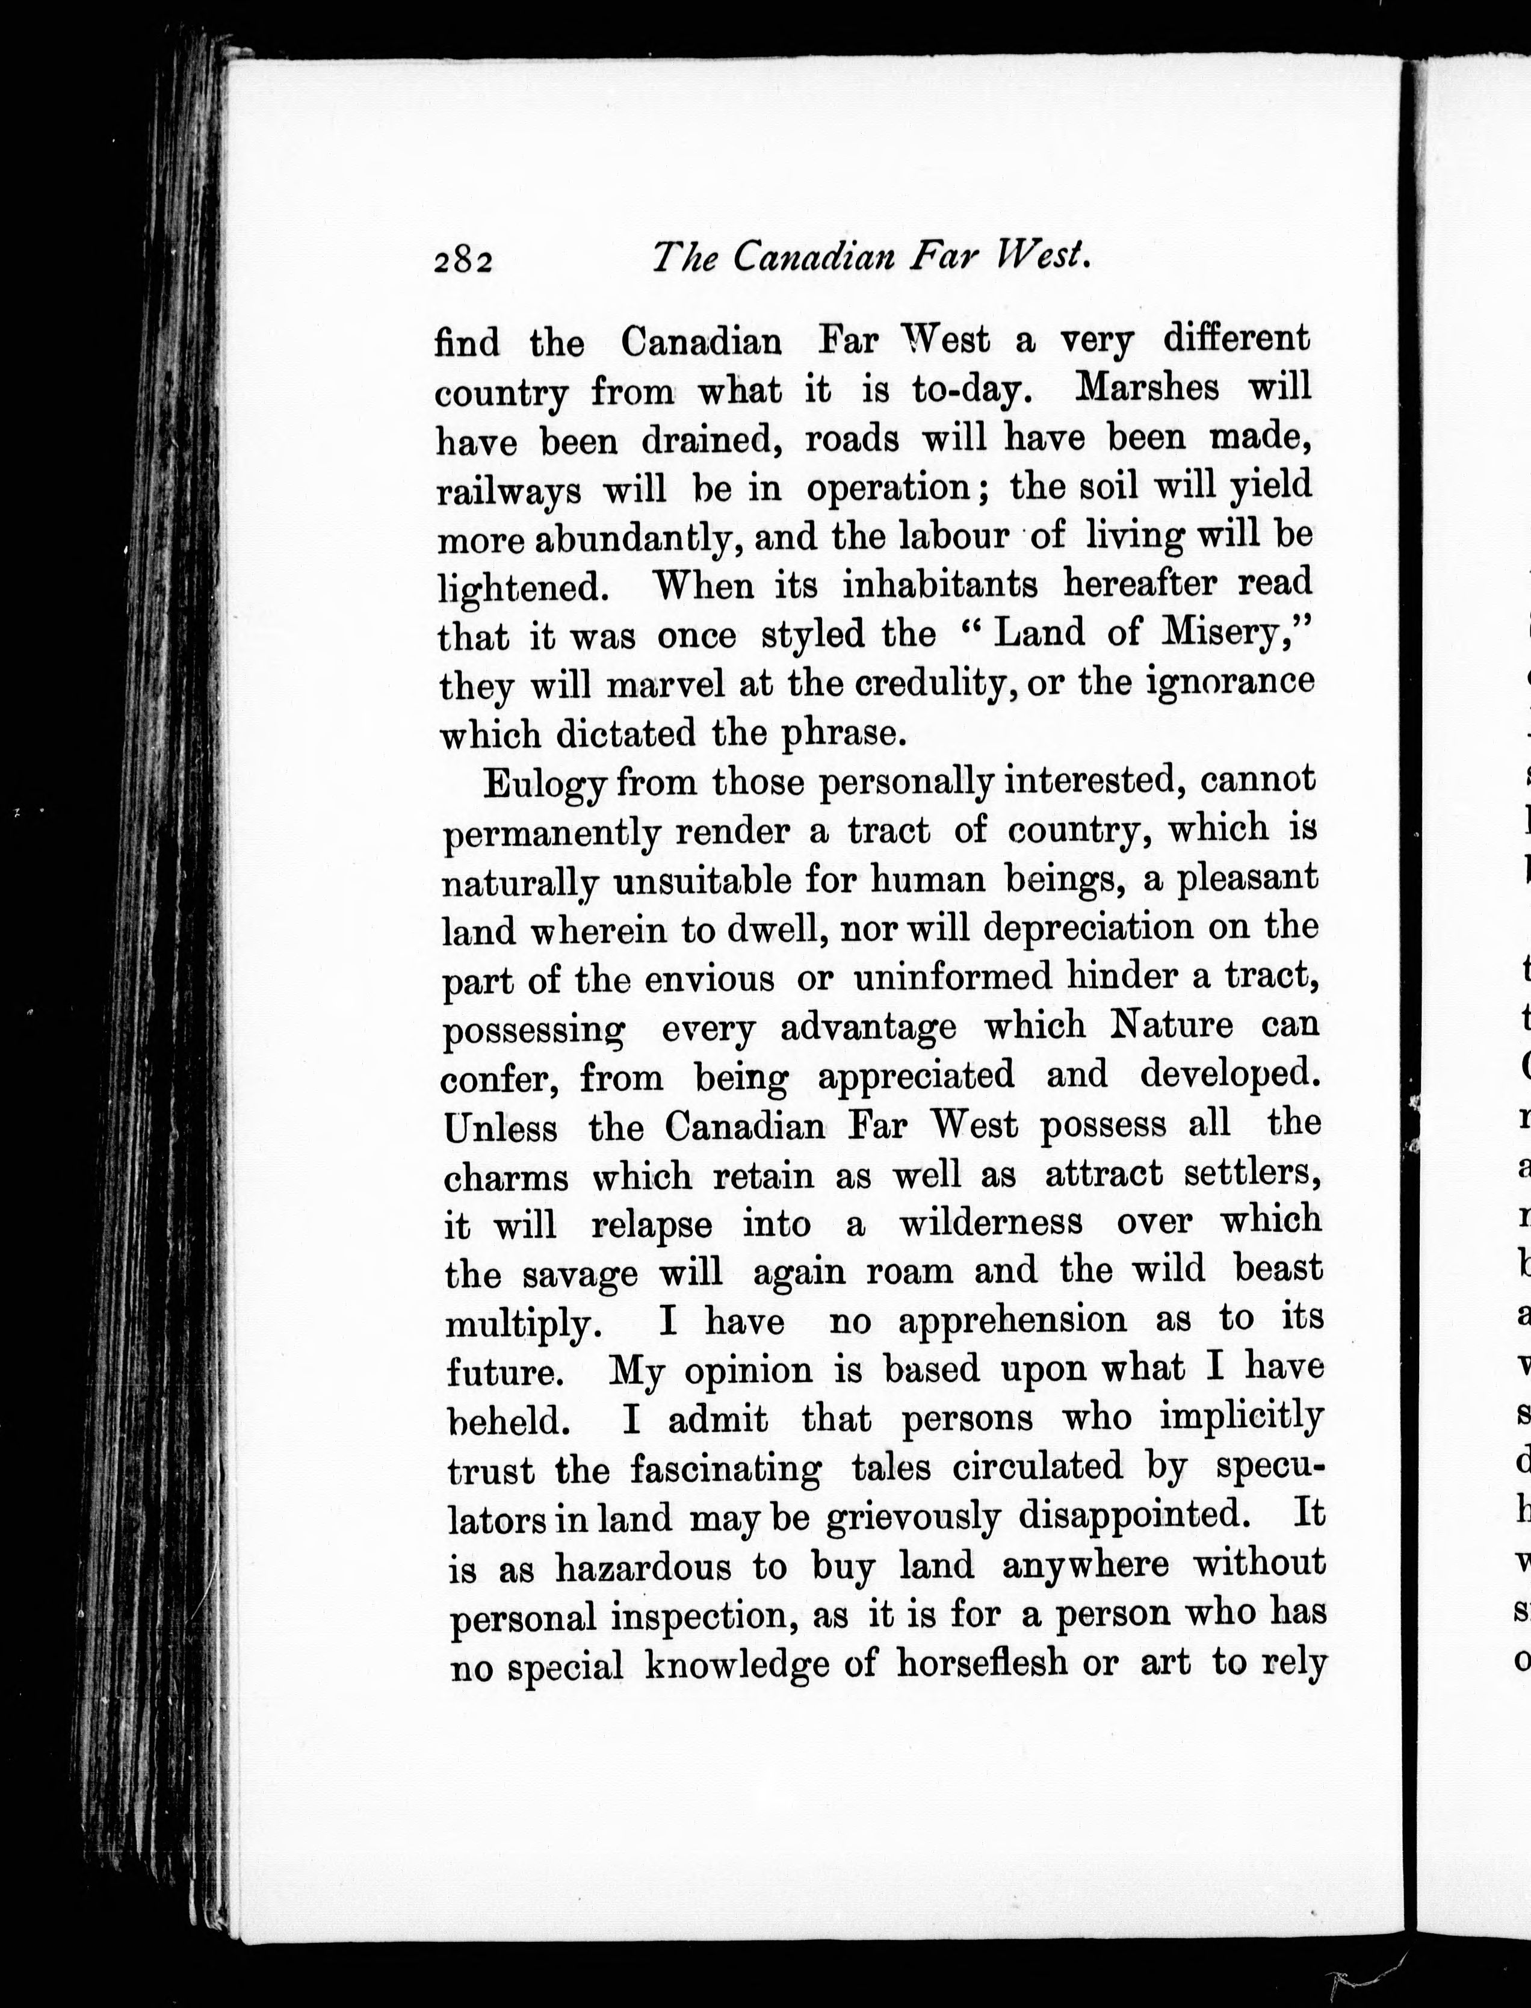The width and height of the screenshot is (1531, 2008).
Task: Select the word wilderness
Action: click(x=991, y=1221)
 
